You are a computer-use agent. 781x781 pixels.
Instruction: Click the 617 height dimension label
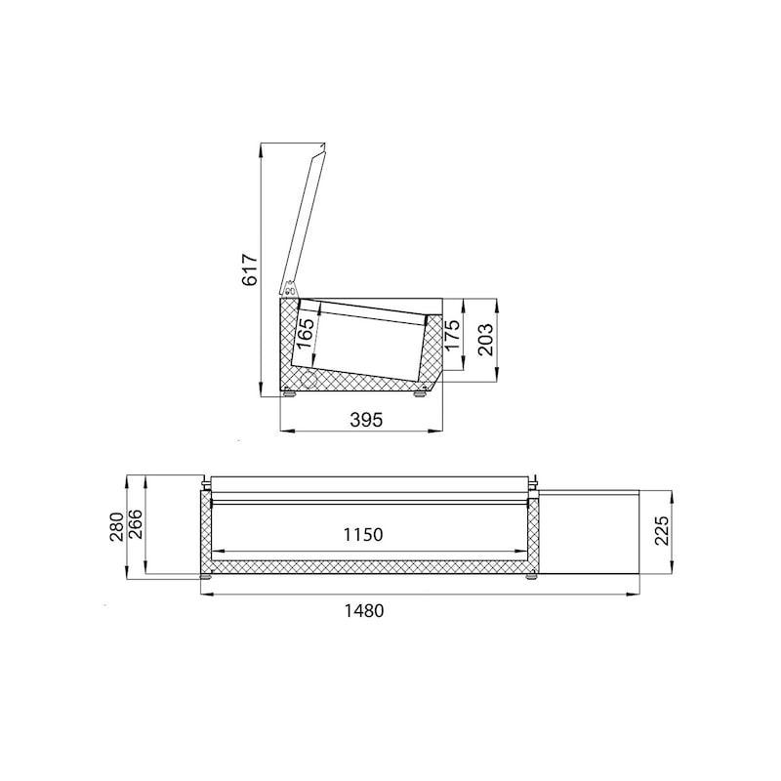(x=250, y=270)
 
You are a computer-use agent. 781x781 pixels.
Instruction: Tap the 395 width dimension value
(x=366, y=420)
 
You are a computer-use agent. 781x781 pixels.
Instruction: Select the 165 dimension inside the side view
(x=306, y=333)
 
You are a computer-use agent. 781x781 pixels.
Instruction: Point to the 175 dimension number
(x=451, y=335)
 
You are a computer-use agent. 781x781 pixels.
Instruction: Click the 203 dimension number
(x=485, y=340)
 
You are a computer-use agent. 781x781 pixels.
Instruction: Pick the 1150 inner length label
(x=363, y=535)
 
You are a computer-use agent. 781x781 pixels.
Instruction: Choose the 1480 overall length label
(x=364, y=611)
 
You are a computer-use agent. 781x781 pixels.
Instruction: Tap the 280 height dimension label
(x=116, y=527)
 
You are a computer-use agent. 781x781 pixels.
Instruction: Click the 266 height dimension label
(x=135, y=524)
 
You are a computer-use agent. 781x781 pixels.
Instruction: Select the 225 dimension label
(x=662, y=531)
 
